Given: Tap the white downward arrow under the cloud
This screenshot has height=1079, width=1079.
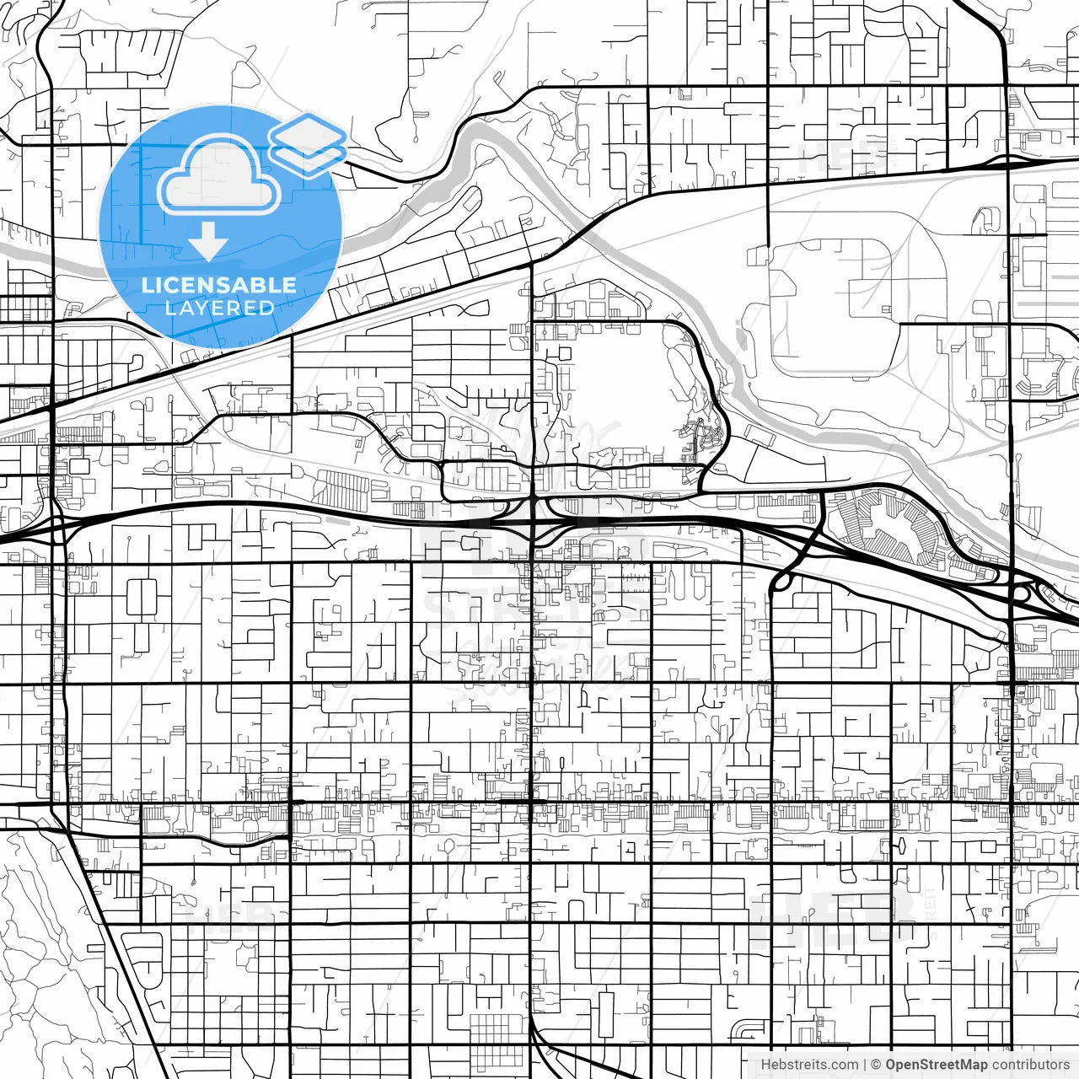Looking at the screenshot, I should tap(207, 244).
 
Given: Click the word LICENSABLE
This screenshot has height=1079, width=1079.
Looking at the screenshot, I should tap(219, 285).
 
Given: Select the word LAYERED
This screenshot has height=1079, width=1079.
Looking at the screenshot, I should tap(219, 308).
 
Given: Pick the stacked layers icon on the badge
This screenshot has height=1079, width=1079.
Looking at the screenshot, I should tap(308, 143).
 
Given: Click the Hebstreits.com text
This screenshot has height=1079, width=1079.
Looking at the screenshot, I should tap(809, 1065).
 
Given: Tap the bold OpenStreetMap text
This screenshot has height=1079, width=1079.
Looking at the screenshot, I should tap(936, 1065).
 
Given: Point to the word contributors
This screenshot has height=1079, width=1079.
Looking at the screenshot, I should tap(1030, 1065).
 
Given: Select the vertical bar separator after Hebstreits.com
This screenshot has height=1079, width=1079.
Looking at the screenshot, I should tap(865, 1065).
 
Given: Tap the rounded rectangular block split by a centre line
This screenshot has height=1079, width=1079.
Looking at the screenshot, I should tap(142, 597).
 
